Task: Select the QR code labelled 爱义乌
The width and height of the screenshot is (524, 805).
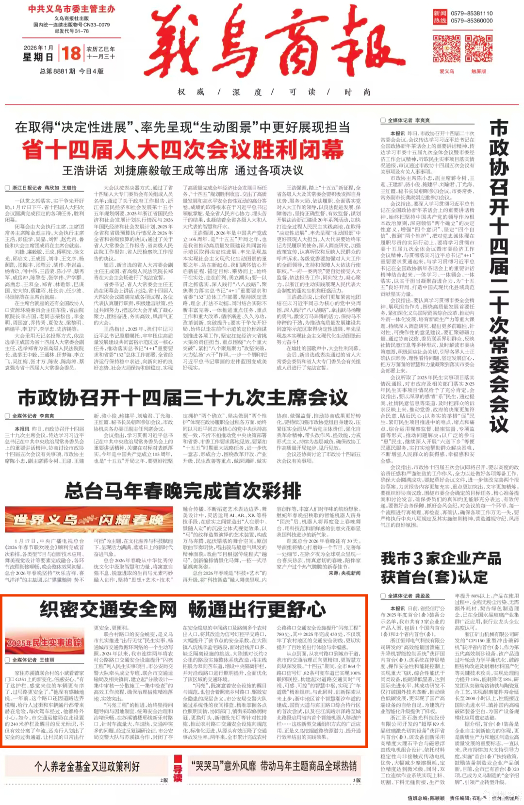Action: coord(447,49)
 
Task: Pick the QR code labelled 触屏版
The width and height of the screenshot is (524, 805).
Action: coord(478,49)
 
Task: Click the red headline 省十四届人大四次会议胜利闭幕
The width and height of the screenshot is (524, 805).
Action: coord(182,149)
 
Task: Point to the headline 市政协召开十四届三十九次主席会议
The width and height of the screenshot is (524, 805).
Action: coord(182,397)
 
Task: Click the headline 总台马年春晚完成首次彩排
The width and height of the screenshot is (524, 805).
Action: coord(182,491)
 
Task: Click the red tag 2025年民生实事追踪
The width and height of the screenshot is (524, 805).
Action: coord(44,642)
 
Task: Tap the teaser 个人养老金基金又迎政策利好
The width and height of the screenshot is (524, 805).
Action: coord(87,766)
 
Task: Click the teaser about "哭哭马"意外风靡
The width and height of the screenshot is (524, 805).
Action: coord(274,766)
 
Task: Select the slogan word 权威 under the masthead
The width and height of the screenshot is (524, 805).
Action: coord(191,92)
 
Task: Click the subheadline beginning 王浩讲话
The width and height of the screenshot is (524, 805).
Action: coord(182,170)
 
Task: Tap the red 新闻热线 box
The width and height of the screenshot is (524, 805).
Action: coord(440,17)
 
